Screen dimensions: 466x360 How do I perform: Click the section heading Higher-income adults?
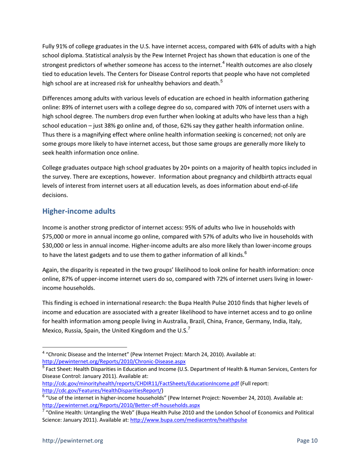click(78, 211)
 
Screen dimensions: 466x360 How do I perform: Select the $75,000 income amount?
click(53, 237)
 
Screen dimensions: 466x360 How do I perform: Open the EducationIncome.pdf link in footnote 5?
click(140, 383)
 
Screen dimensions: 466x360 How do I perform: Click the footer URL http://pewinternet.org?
click(72, 441)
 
